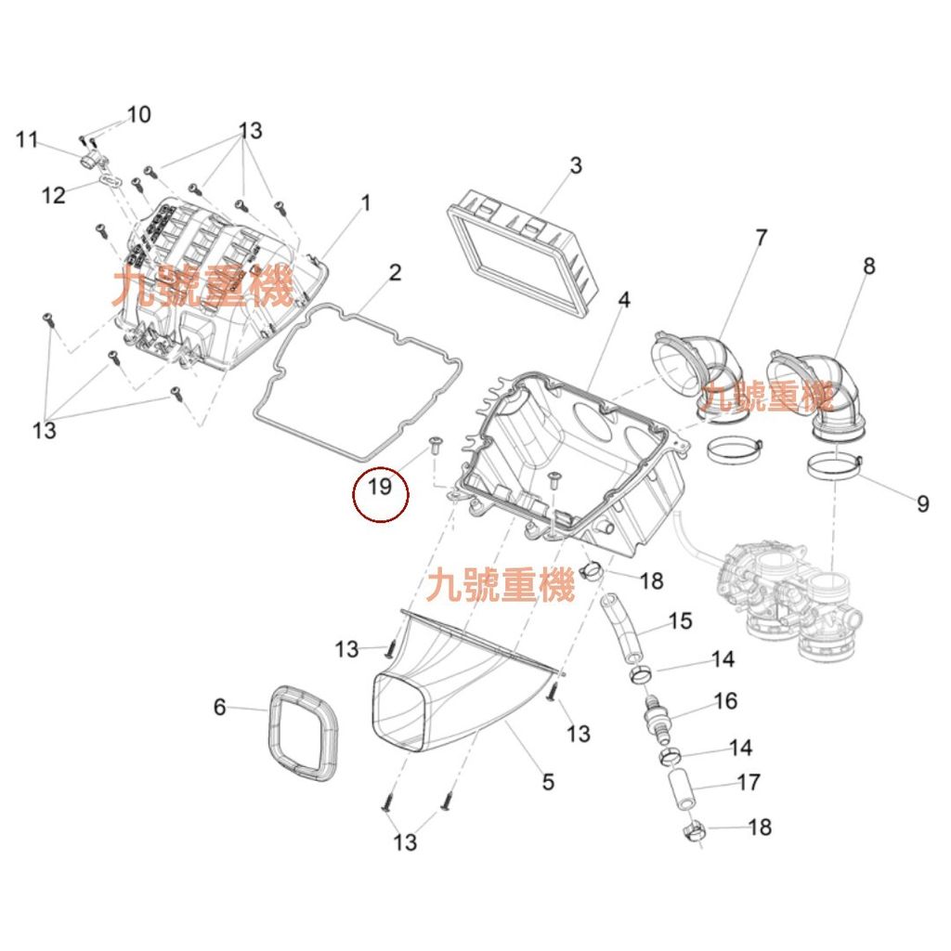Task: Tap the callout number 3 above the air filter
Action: tap(576, 165)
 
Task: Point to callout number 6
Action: tap(219, 708)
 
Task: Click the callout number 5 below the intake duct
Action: tap(548, 782)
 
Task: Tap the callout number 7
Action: tap(761, 238)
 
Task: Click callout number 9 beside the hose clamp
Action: tap(922, 503)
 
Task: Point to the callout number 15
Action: tap(681, 619)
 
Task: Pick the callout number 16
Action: tap(725, 700)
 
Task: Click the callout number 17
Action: tap(749, 782)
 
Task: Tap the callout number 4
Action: tap(624, 300)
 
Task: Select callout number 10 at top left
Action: tap(138, 115)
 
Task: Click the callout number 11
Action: tap(27, 140)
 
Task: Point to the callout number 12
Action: tap(54, 195)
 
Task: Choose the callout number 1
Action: tap(365, 202)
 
